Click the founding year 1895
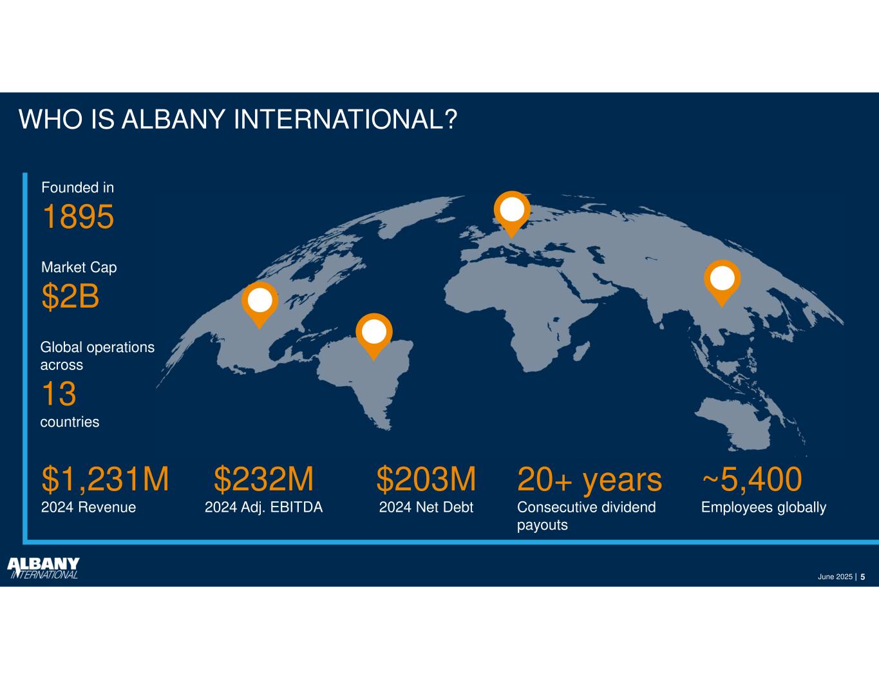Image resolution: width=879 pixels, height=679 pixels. click(x=78, y=217)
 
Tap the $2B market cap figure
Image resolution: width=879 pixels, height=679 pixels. click(x=70, y=297)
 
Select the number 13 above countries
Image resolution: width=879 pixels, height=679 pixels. click(x=59, y=394)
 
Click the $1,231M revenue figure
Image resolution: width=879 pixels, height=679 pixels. click(x=105, y=479)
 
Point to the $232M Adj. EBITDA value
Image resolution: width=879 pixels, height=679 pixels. click(x=264, y=479)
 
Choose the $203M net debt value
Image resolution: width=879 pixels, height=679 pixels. click(x=426, y=479)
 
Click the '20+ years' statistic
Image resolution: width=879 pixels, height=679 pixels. click(x=590, y=480)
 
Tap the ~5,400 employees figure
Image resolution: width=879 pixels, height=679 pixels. click(x=752, y=479)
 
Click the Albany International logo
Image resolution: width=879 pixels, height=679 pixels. click(x=43, y=568)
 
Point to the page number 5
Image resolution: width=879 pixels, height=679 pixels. click(x=863, y=577)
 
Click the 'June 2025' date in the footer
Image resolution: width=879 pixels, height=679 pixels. click(x=835, y=577)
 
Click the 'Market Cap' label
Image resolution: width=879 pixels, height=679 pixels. click(x=79, y=268)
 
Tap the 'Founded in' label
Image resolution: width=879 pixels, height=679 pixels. click(x=78, y=187)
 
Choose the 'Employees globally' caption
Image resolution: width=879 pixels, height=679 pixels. click(x=764, y=508)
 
